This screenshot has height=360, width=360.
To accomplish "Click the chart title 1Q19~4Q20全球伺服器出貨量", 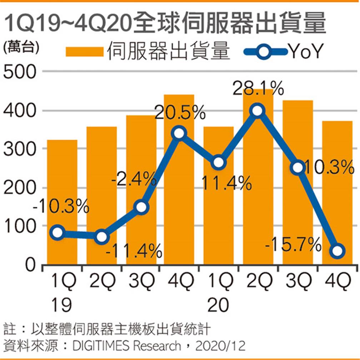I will click(x=165, y=24).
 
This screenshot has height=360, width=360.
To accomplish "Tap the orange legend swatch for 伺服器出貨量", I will click(x=84, y=52).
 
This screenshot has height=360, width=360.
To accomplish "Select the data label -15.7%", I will click(x=294, y=245).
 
